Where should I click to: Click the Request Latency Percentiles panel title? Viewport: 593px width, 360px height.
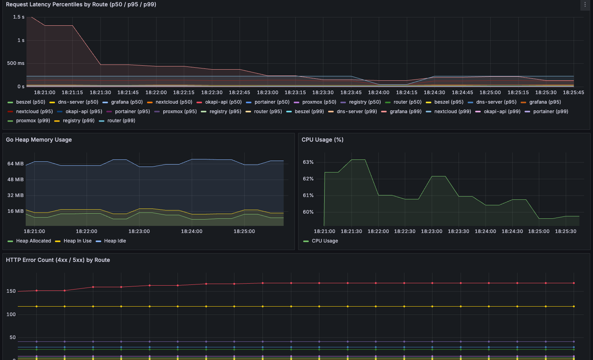point(81,4)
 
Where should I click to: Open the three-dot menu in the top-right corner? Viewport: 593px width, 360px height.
point(585,4)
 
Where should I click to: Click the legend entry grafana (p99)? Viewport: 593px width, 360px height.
point(401,112)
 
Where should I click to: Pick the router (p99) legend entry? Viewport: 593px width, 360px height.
point(117,121)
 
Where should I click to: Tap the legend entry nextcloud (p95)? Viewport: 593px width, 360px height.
point(30,112)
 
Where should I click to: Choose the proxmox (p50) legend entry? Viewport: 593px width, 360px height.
point(315,102)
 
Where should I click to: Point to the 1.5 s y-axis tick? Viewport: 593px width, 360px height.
point(19,17)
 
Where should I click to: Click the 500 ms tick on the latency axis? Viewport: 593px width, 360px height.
point(16,63)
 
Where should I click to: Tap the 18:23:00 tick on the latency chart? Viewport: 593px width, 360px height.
point(267,93)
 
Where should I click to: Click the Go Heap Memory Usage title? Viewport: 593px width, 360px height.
point(39,140)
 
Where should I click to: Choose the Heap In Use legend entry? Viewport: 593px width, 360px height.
point(73,241)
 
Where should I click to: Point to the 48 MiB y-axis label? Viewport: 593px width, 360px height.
point(15,180)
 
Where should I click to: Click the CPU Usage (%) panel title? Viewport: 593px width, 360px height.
point(323,140)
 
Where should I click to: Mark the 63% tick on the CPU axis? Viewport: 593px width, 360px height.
point(308,162)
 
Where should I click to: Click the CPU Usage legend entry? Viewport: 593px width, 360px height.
point(321,241)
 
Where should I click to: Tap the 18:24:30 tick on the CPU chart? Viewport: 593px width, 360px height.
point(512,231)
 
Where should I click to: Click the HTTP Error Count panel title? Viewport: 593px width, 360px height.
point(58,260)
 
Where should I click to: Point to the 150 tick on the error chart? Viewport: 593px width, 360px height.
point(11,291)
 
